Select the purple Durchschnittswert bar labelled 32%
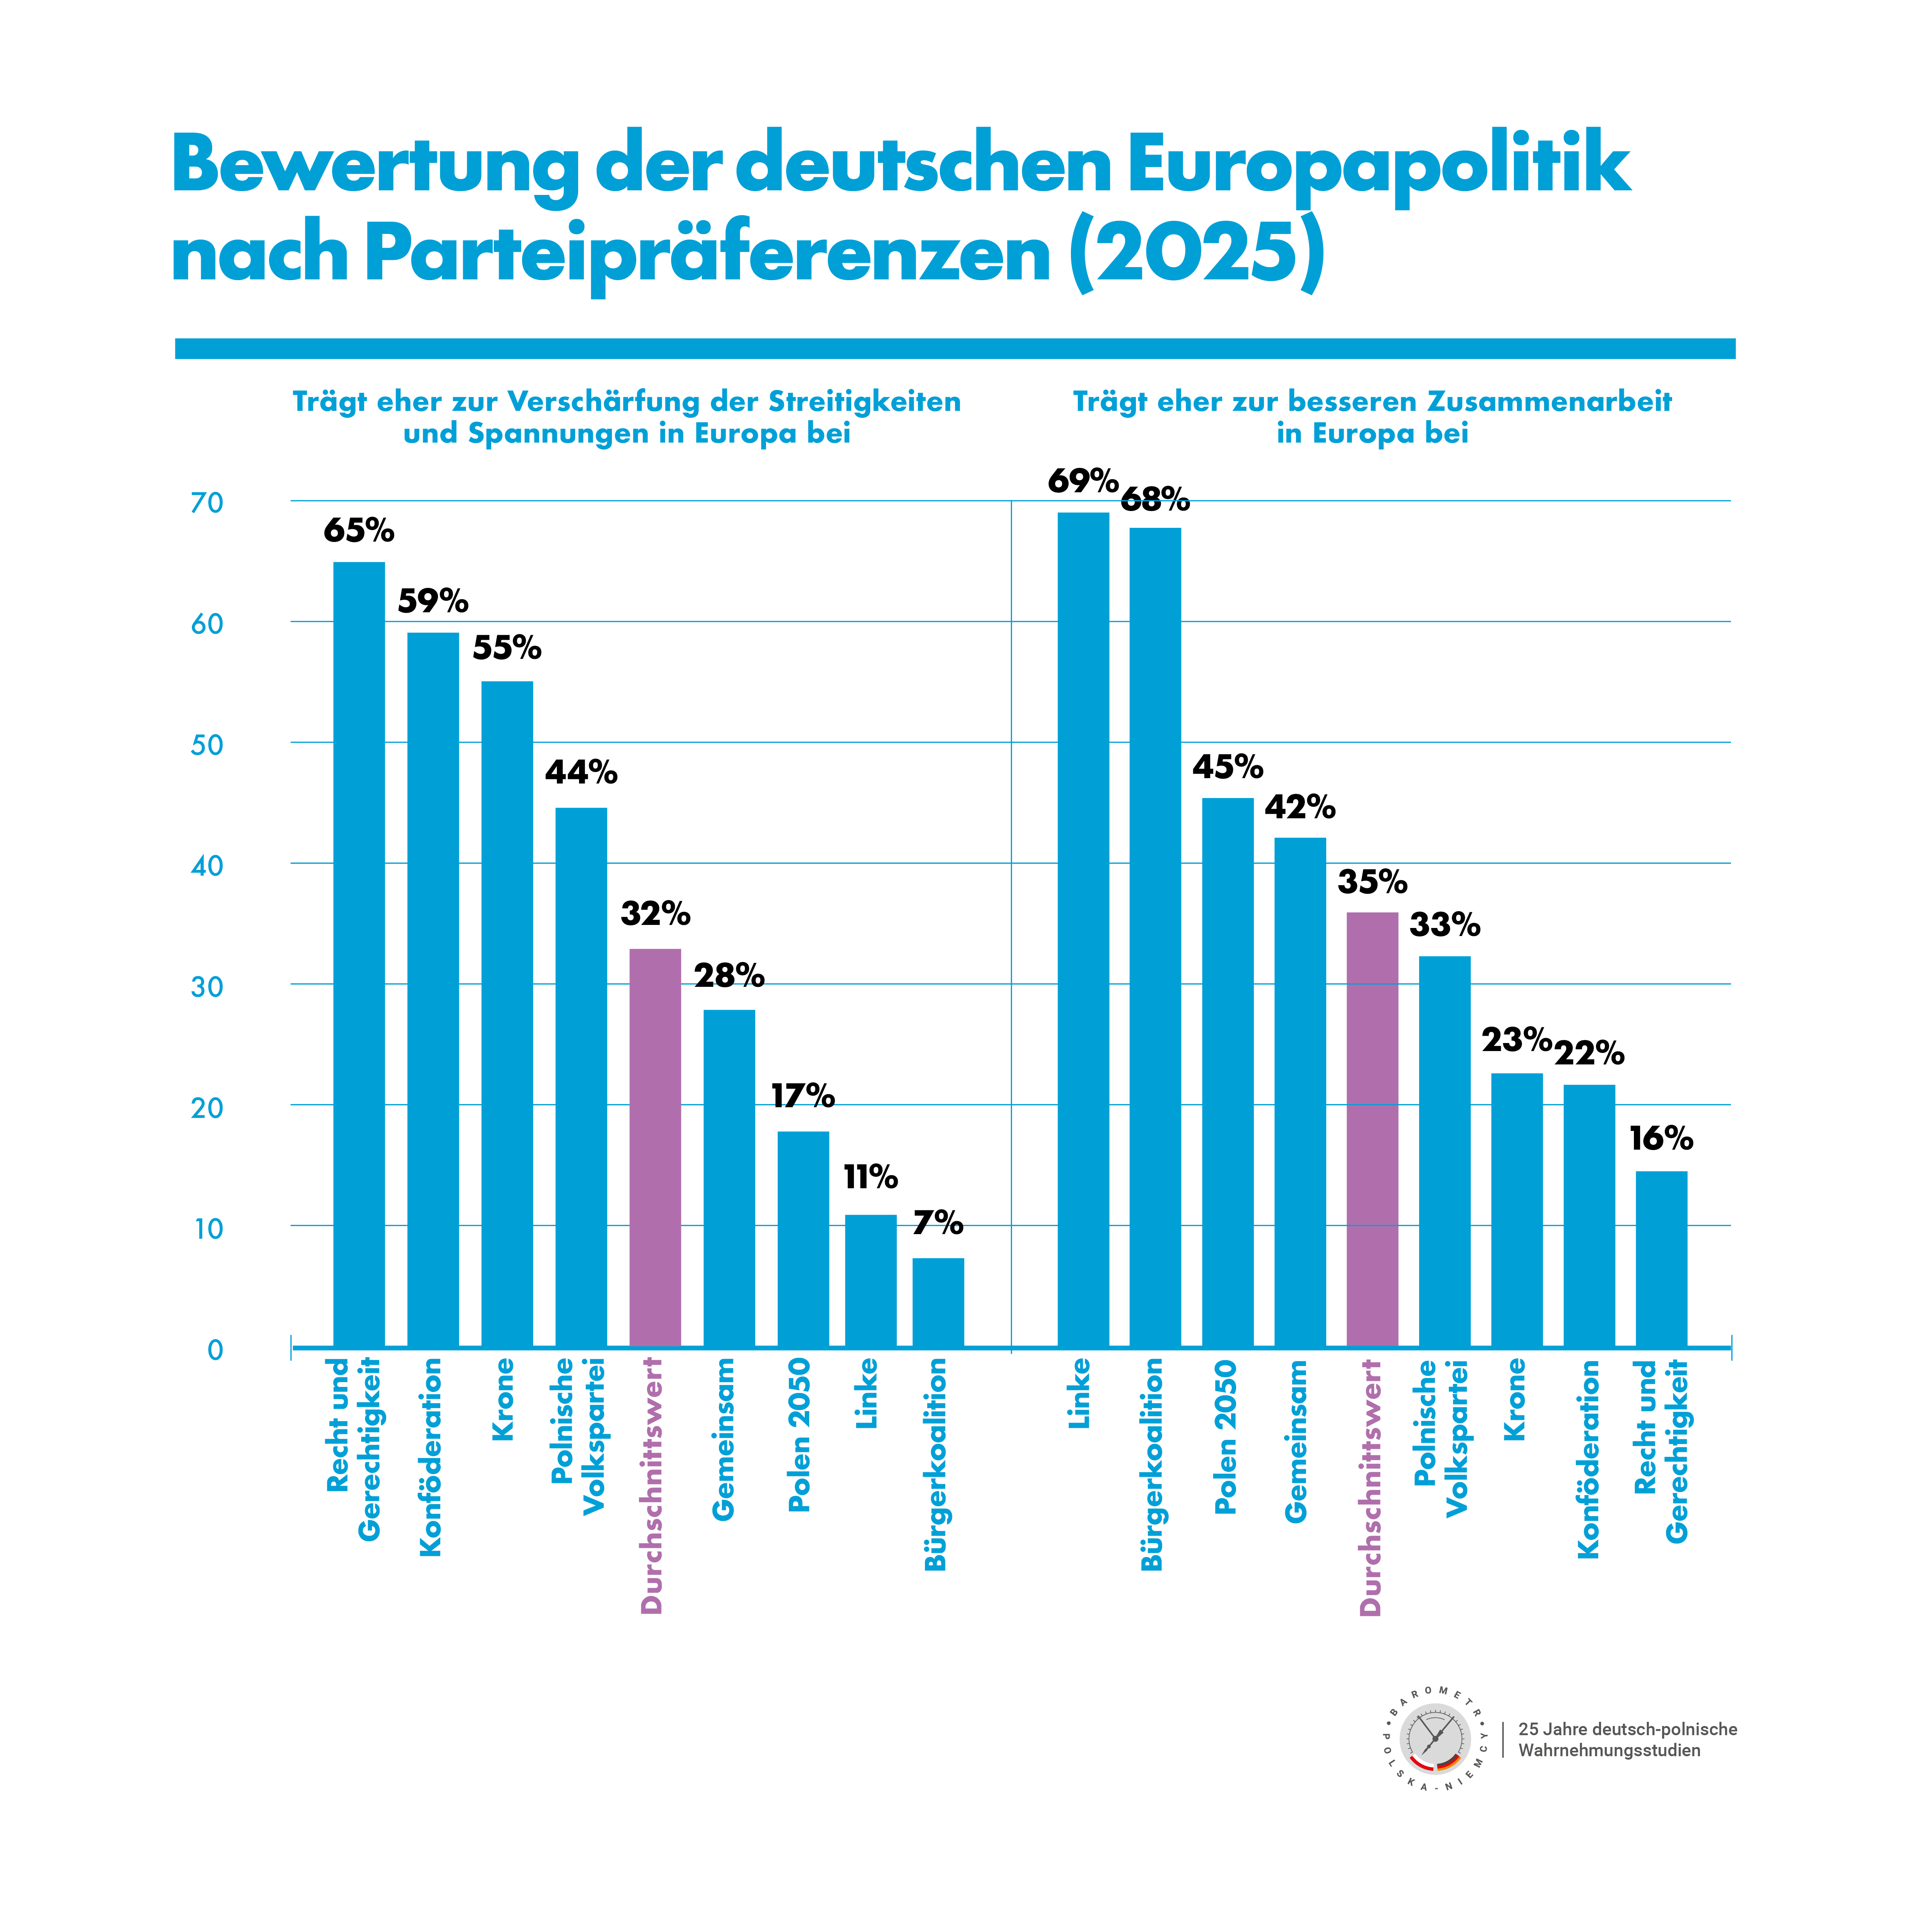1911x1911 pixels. pyautogui.click(x=655, y=1147)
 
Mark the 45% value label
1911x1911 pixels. pyautogui.click(x=1228, y=767)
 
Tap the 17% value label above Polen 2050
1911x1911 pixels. pyautogui.click(x=802, y=1096)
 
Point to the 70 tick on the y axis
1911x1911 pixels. pyautogui.click(x=208, y=503)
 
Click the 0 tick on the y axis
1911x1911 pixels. pyautogui.click(x=215, y=1350)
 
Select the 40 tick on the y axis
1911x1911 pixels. pyautogui.click(x=208, y=865)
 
